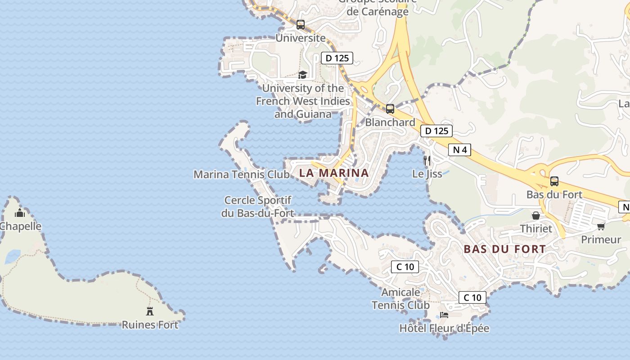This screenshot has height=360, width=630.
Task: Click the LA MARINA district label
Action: [x=334, y=173]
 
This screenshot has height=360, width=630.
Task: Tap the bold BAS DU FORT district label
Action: [x=504, y=249]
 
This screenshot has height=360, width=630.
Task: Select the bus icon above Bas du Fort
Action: [x=554, y=181]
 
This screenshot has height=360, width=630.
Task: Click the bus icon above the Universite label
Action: [x=301, y=25]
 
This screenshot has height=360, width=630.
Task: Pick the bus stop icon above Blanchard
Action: [x=390, y=108]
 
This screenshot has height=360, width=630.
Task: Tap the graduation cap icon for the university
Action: [x=302, y=75]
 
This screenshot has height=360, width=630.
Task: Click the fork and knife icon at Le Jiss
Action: [x=427, y=160]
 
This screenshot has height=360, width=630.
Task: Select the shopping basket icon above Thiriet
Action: [x=536, y=216]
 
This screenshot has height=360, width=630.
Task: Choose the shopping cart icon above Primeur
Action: [x=601, y=226]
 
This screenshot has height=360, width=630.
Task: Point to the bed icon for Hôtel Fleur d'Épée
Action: [x=444, y=315]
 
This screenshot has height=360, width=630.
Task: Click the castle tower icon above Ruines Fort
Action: [x=150, y=311]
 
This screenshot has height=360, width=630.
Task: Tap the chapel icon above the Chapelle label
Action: [x=20, y=213]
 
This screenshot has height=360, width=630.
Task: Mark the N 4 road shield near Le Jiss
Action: [x=459, y=149]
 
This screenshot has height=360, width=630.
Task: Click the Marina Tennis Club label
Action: [x=241, y=174]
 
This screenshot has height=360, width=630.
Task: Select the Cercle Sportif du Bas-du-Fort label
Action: [x=257, y=207]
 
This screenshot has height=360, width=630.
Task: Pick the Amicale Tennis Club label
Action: [x=400, y=299]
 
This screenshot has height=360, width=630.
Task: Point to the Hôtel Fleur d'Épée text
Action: [x=444, y=328]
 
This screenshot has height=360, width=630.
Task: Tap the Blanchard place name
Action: [x=390, y=122]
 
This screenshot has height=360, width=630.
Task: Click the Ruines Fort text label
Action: [x=150, y=325]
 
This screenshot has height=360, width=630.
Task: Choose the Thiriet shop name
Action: [x=536, y=229]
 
